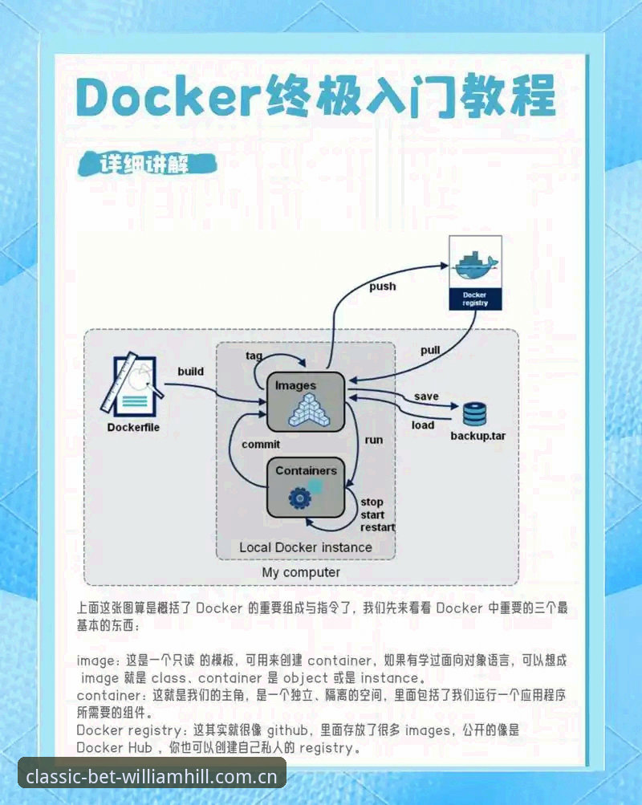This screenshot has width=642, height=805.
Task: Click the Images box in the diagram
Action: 306,401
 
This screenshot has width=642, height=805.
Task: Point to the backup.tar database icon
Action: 475,415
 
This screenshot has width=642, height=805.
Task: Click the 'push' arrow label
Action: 383,287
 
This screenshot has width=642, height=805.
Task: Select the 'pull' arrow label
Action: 430,350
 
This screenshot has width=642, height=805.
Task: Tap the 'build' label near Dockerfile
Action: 191,371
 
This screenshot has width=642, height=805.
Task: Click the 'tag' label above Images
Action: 254,356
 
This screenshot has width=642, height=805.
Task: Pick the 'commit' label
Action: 261,445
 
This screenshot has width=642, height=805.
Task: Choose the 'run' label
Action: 374,440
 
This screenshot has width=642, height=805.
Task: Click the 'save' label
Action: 426,396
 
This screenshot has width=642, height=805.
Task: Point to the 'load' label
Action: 423,425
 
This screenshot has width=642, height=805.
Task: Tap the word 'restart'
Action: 378,527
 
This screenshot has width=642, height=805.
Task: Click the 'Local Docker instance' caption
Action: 306,547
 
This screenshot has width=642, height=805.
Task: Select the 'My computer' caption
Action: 301,572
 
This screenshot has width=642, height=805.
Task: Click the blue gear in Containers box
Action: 299,498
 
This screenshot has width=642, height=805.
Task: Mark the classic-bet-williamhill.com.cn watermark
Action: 152,776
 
